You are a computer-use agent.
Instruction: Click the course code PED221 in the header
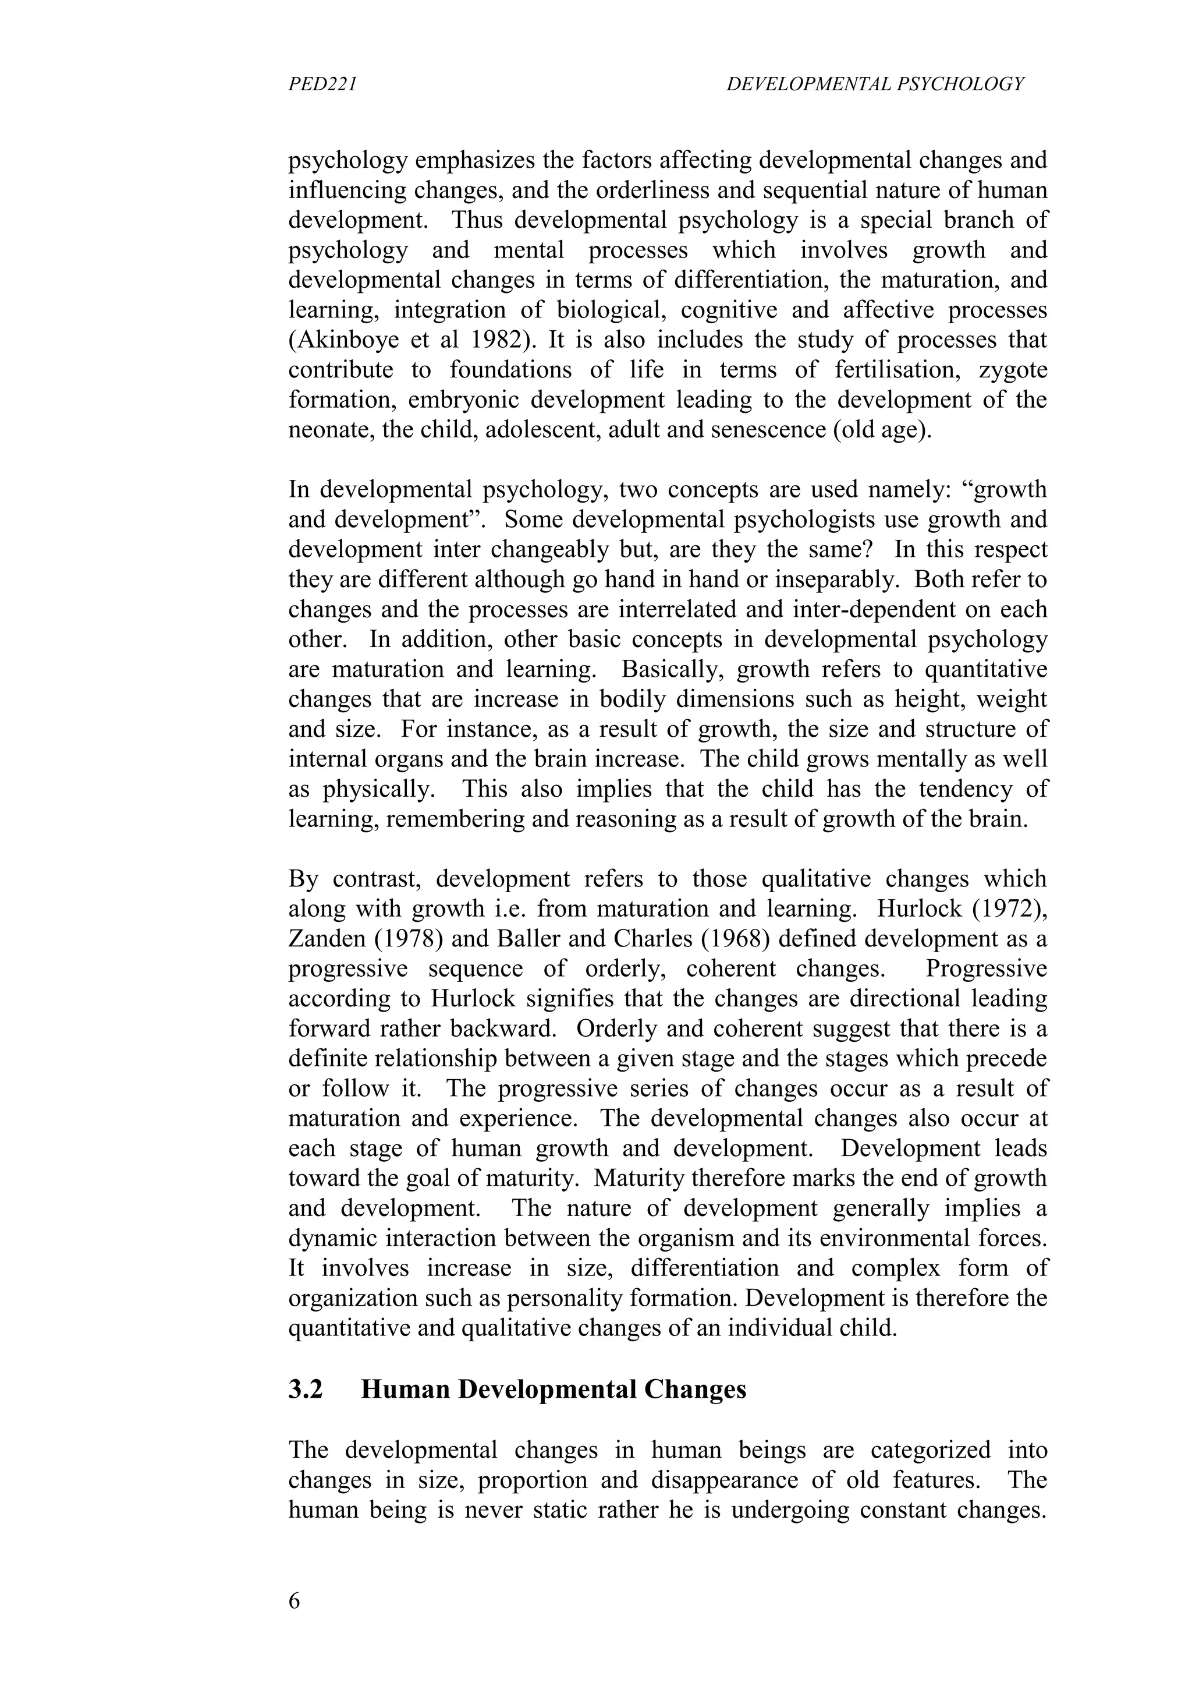[x=322, y=85]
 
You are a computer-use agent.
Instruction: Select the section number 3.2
[x=306, y=1390]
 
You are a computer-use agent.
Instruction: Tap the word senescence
[x=760, y=430]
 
